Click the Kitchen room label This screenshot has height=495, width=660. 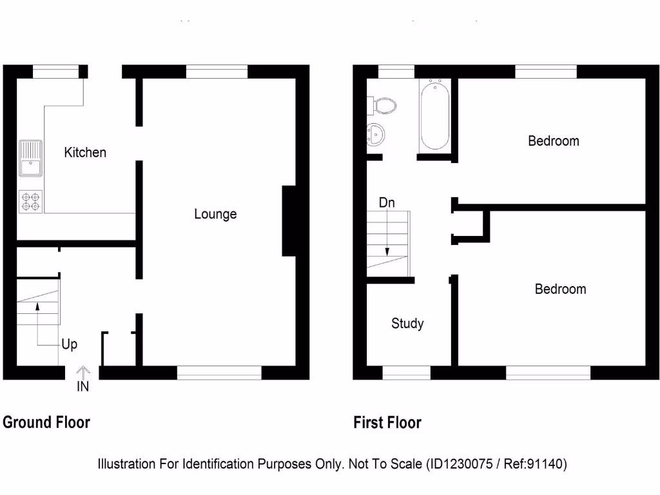click(x=85, y=153)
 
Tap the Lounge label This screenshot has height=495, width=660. click(x=215, y=214)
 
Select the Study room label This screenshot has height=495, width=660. click(x=407, y=324)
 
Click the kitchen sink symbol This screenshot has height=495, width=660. click(x=30, y=159)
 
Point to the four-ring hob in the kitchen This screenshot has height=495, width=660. click(x=30, y=201)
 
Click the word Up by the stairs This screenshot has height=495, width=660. click(x=69, y=345)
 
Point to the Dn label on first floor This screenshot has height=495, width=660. click(x=387, y=203)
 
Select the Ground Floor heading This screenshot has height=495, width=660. click(x=46, y=423)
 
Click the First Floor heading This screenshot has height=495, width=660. click(x=387, y=423)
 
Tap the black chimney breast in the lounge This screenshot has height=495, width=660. click(x=289, y=221)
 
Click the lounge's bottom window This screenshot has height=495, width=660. click(x=219, y=373)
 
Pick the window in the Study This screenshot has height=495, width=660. click(x=407, y=373)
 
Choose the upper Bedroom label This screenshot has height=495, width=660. click(x=553, y=141)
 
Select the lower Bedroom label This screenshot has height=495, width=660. click(x=560, y=289)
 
